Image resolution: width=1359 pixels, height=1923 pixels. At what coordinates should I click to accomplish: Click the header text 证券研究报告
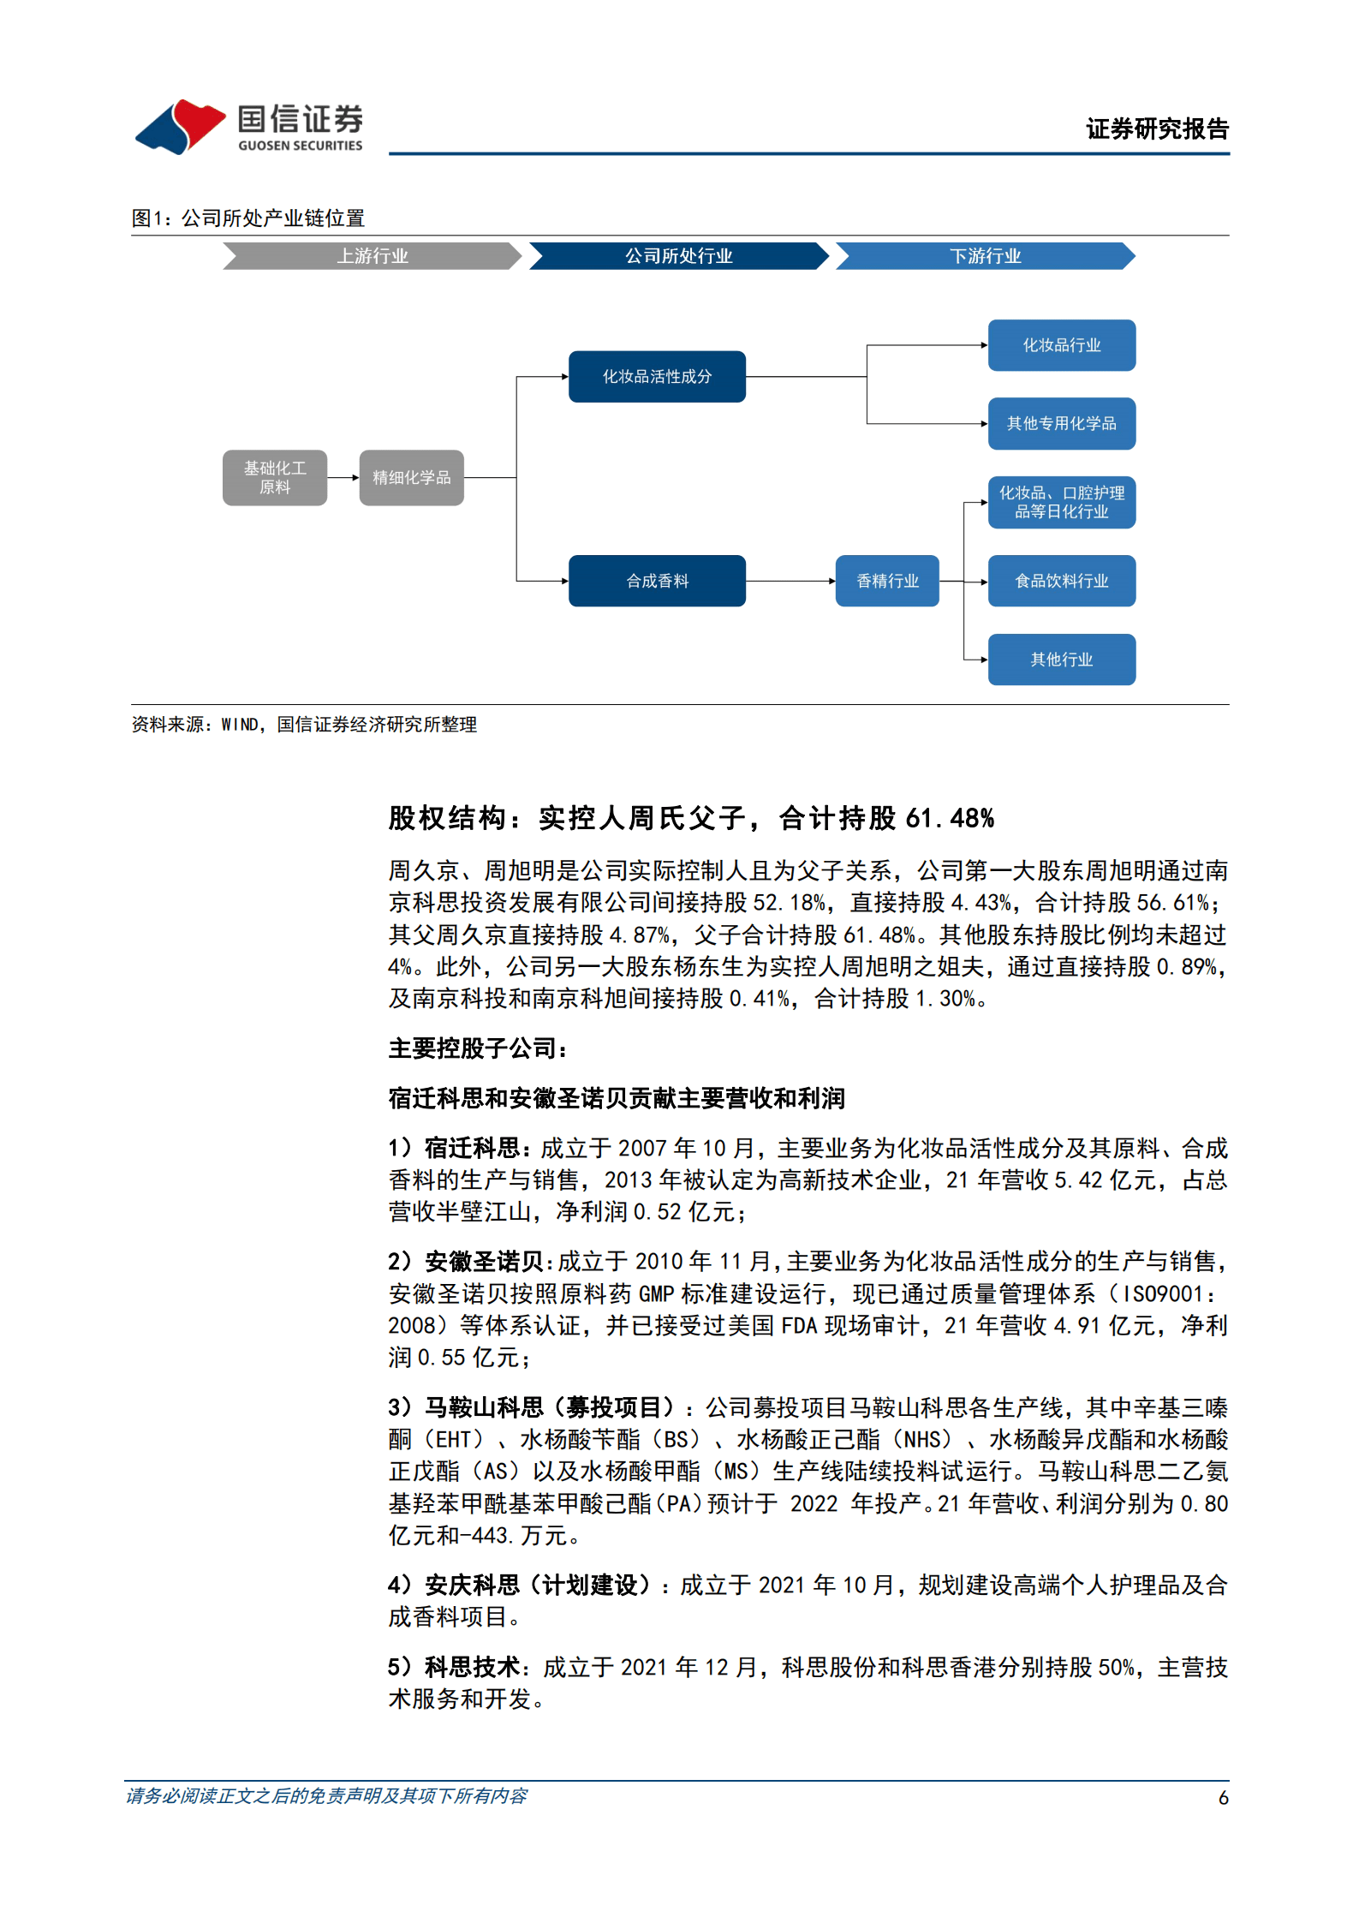coord(1157,129)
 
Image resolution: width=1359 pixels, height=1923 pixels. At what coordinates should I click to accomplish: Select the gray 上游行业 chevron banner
coord(372,256)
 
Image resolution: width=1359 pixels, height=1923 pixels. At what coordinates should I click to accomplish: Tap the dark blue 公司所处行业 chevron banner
coord(678,256)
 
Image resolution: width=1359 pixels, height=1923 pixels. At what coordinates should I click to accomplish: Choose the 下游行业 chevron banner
coord(985,256)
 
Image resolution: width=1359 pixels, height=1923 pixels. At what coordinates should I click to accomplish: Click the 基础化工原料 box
coord(275,478)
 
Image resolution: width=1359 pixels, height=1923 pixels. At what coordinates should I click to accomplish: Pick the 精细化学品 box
coord(411,478)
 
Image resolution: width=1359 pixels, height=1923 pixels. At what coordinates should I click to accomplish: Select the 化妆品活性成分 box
coord(657,377)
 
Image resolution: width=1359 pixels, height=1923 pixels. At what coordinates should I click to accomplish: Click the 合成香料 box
coord(657,582)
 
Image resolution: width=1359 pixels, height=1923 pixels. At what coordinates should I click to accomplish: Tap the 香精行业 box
coord(887,582)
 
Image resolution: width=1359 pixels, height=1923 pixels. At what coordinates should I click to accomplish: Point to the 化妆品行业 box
coord(1061,345)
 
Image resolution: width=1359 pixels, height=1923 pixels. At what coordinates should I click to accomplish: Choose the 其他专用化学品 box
coord(1061,424)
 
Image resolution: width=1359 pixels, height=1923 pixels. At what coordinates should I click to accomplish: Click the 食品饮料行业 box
coord(1061,582)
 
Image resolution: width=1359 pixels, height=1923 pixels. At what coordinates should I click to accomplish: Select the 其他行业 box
coord(1061,660)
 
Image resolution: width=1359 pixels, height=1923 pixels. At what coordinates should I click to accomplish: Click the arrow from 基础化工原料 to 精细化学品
coord(343,478)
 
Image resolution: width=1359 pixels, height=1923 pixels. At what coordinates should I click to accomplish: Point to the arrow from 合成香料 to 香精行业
coord(790,582)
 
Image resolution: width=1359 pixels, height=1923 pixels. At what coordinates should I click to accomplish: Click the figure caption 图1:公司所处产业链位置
coord(248,218)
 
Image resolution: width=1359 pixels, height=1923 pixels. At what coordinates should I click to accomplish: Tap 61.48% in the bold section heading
coord(950,819)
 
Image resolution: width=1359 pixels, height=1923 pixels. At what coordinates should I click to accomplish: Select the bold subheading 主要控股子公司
coord(477,1048)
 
